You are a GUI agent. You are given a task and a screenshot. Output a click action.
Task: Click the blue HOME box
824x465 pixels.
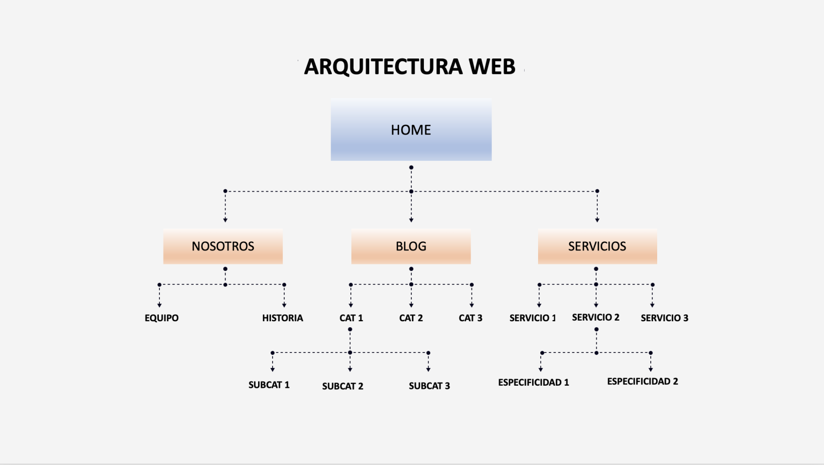[x=411, y=130]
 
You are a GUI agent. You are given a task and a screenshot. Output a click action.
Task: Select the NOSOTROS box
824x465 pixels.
[x=223, y=246]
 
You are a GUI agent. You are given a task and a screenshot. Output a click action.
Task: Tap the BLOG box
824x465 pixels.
[x=411, y=246]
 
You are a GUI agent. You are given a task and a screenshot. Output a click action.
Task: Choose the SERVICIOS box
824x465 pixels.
[x=597, y=246]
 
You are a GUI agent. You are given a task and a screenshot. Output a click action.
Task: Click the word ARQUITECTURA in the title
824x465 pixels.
[x=383, y=67]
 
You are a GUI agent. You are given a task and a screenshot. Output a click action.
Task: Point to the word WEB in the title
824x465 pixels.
[x=492, y=67]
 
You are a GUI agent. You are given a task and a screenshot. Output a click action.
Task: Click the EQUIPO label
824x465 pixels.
[x=161, y=318]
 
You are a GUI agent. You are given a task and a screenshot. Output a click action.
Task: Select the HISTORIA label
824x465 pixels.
[x=283, y=318]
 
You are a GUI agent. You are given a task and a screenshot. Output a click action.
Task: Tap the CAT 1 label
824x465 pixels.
[x=351, y=318]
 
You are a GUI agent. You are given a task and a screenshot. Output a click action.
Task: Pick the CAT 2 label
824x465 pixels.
[x=411, y=318]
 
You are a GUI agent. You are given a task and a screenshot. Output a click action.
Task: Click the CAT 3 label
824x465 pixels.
[x=470, y=318]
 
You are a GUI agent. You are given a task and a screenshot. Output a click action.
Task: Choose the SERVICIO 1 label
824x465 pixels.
[x=533, y=318]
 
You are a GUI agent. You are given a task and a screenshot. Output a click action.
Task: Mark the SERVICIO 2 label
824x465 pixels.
[x=595, y=318]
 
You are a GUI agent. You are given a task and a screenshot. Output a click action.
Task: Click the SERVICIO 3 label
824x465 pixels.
[x=664, y=318]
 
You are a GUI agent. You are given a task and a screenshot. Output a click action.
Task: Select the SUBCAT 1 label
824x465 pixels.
[x=269, y=385]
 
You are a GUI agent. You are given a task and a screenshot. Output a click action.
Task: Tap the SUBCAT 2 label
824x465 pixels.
[x=343, y=386]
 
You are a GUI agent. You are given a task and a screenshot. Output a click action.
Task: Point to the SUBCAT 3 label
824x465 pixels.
[x=429, y=386]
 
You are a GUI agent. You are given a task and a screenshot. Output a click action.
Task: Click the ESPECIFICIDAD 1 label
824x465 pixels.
[x=533, y=382]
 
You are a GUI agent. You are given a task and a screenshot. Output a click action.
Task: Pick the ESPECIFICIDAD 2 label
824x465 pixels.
[x=643, y=381]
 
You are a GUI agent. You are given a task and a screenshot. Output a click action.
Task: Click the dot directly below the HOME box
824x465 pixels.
[x=411, y=167]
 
